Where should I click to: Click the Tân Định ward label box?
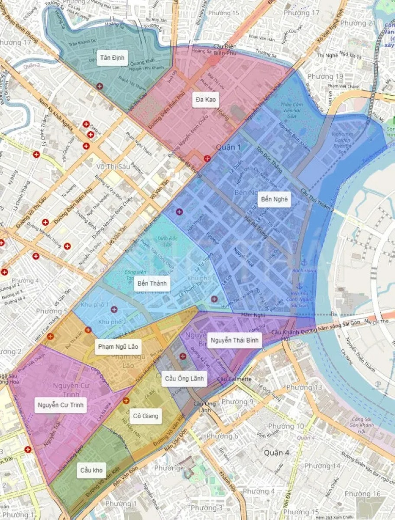click(x=112, y=58)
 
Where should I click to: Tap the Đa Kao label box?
click(x=205, y=100)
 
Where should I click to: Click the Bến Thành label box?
click(x=152, y=284)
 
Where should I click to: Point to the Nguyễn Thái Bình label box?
click(x=235, y=340)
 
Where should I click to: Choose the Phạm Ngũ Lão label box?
click(x=118, y=347)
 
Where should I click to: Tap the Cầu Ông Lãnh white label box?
click(x=184, y=378)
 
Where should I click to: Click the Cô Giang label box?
click(x=146, y=416)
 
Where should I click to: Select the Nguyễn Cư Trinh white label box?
click(x=60, y=406)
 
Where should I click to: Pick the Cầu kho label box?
click(x=91, y=470)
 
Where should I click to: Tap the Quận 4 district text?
click(x=276, y=453)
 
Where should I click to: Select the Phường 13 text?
click(x=304, y=387)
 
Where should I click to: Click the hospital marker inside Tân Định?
click(x=100, y=86)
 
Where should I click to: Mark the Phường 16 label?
click(x=363, y=494)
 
